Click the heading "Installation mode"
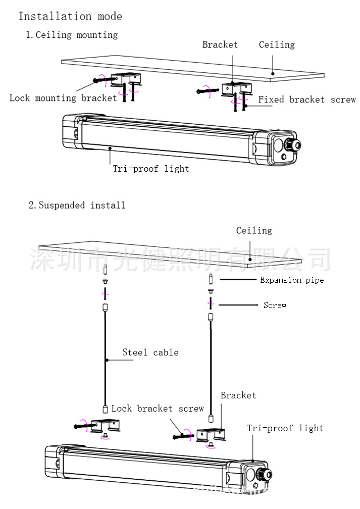point(70,16)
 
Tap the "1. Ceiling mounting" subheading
point(72,35)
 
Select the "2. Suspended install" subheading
point(77,206)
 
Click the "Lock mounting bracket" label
point(63,98)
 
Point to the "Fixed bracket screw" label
point(307,99)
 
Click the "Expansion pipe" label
point(292,280)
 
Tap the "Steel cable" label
point(150,352)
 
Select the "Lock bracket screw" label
point(158,409)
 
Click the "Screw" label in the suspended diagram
point(275,305)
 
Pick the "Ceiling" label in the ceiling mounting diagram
point(277,45)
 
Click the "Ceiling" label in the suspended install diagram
point(254,230)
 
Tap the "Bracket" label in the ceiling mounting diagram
point(220,44)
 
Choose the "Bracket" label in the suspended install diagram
point(238,395)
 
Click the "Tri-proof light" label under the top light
point(151,169)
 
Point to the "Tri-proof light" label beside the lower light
point(285,428)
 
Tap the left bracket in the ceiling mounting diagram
point(125,79)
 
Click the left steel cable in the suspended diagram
point(105,359)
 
